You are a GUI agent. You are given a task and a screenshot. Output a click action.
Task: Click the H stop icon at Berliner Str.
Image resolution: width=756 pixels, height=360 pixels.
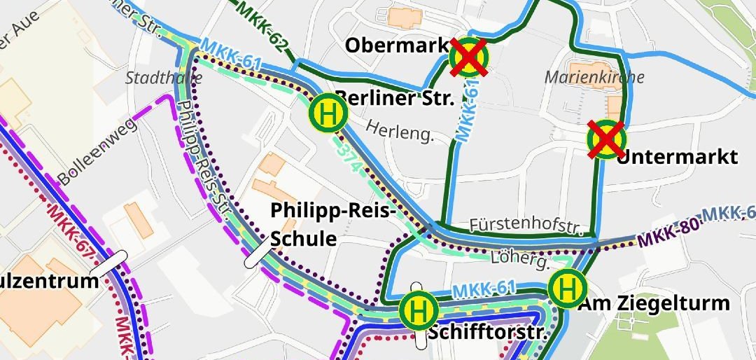[x=328, y=112]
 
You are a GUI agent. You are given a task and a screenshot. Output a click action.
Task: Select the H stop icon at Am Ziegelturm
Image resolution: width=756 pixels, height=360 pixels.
[x=567, y=287]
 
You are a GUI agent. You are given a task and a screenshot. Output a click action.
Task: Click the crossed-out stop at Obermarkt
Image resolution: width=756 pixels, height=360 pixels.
[x=469, y=57]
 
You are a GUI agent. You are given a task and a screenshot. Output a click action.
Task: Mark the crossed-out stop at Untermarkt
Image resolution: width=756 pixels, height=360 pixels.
[x=606, y=139]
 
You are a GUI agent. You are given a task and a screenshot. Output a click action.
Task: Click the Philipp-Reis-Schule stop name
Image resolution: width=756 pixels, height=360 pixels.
[x=333, y=223]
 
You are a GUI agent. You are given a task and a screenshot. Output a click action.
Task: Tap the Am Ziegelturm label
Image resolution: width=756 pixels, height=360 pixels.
[x=653, y=303]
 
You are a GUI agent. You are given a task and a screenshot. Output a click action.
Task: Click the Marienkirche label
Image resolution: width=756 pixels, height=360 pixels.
[x=594, y=77]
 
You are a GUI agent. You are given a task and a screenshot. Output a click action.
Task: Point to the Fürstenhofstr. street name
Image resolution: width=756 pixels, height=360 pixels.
[x=526, y=226]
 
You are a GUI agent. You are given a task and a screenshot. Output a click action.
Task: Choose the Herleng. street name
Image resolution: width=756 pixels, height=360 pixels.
[x=400, y=130]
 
